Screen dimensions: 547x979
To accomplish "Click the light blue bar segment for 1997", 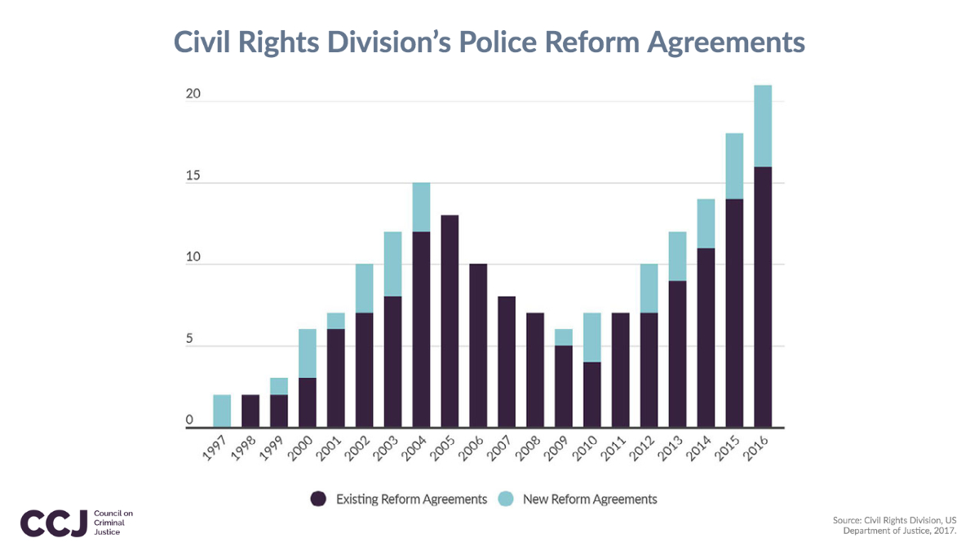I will pos(222,411).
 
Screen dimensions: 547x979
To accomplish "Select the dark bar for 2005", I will pos(450,321).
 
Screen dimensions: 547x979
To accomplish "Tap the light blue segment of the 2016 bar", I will pos(763,126).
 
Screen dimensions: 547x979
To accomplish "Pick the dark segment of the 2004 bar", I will pos(421,329).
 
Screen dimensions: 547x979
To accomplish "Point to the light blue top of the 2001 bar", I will pos(335,321).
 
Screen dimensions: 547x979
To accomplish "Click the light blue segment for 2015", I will pos(734,166).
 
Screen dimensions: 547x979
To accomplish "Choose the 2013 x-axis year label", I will pos(674,447).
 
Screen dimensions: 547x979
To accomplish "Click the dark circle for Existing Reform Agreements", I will pos(318,498).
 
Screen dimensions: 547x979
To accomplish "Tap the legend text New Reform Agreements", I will pos(589,498).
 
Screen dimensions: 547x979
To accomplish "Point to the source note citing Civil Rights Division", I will pos(894,525).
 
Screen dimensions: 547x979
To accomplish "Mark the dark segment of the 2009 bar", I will pos(563,386).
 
